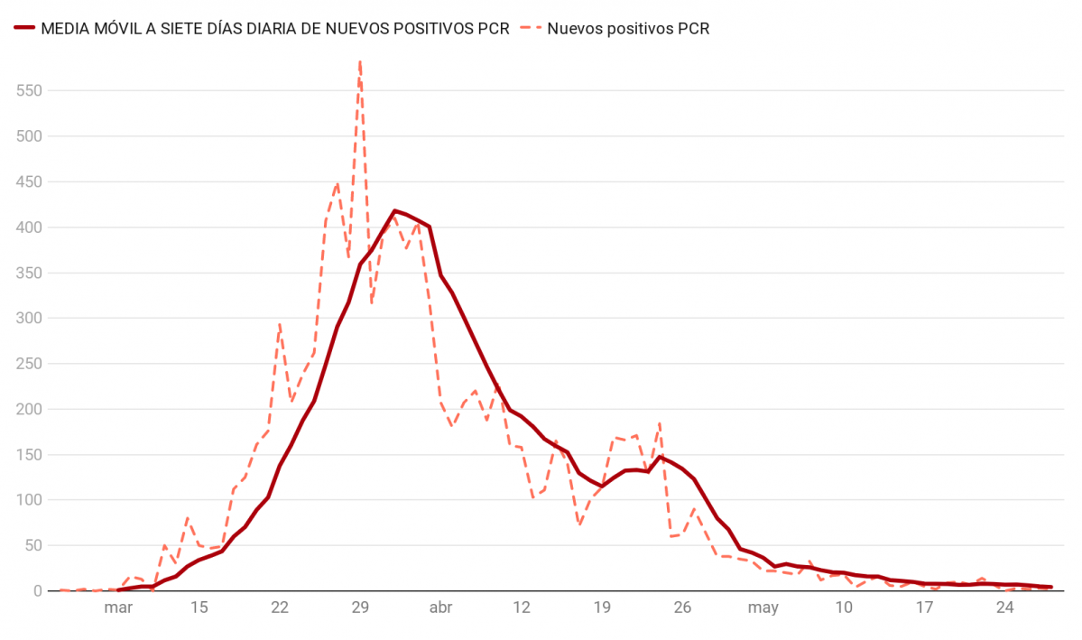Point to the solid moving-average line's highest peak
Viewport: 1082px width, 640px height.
tap(394, 210)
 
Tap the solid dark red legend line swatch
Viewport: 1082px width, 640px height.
tap(24, 29)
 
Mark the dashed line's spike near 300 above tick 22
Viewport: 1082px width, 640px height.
tap(280, 323)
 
